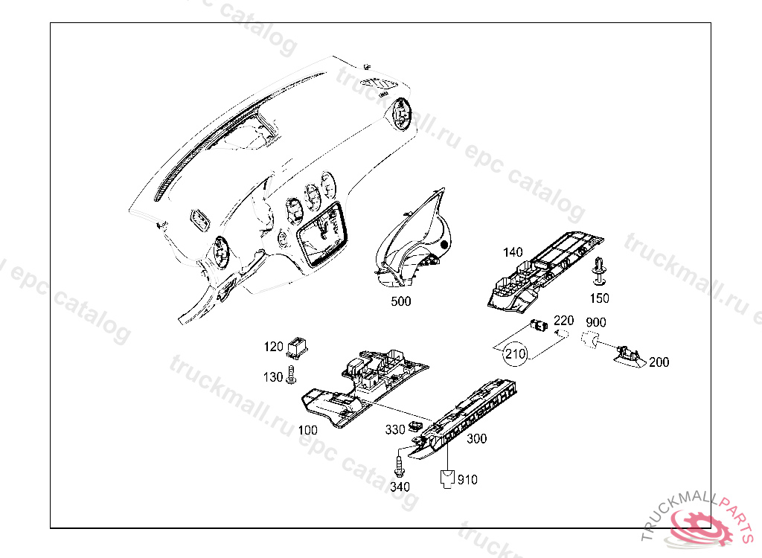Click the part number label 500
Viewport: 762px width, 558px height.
400,301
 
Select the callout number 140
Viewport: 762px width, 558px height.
513,252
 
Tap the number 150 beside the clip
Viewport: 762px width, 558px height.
599,298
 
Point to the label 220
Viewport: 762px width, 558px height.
563,320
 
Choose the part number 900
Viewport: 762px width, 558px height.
596,322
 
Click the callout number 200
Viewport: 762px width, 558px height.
659,362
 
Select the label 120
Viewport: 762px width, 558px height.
274,347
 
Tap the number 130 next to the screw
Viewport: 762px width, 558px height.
273,377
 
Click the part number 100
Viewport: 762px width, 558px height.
307,430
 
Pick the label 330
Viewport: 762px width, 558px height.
395,430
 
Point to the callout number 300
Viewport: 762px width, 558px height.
476,439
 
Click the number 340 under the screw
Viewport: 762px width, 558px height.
400,487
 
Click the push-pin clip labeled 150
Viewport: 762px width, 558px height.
598,272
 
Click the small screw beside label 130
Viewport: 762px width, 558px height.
291,377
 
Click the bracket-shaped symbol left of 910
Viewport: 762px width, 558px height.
446,477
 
